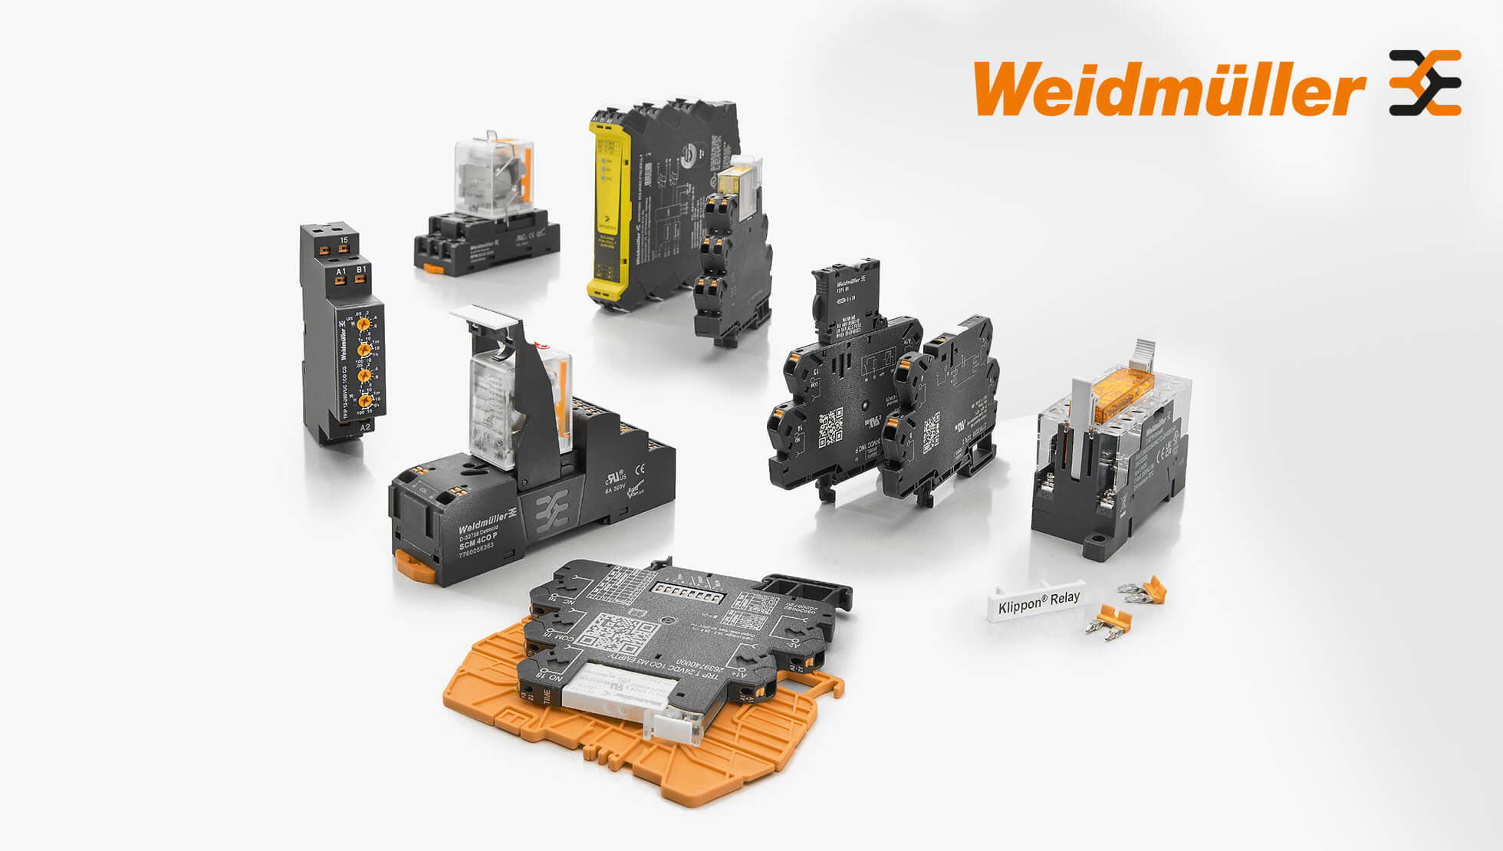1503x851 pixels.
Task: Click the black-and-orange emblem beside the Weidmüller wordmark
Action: [1425, 83]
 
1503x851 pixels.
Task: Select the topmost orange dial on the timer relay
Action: [363, 324]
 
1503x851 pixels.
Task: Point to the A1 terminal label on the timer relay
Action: [341, 271]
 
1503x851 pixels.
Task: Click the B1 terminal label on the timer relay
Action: [361, 269]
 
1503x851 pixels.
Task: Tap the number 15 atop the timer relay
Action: [344, 240]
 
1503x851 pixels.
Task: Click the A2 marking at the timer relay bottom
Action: [365, 428]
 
